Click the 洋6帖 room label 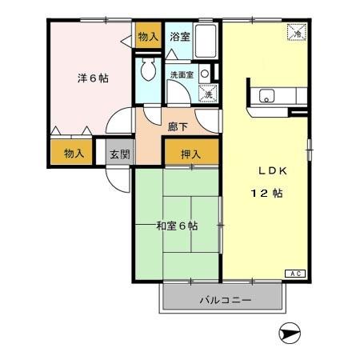point(93,78)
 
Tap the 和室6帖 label point(177,225)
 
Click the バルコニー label point(225,301)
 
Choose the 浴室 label point(180,37)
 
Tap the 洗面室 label point(182,74)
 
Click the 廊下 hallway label point(178,126)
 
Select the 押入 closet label point(190,154)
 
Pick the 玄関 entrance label point(119,154)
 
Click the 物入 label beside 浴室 point(147,37)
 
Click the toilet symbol point(147,70)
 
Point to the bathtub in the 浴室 point(206,42)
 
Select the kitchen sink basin point(266,97)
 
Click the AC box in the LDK point(293,273)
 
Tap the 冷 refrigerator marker point(296,34)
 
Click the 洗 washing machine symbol point(206,93)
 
